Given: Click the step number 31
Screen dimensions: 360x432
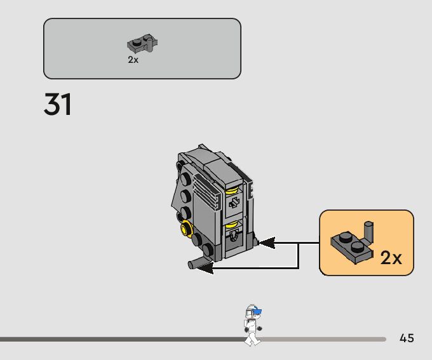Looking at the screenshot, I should tap(58, 104).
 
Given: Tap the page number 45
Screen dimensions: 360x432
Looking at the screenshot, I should tap(407, 338).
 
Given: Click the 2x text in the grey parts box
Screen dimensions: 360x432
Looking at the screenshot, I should tap(133, 60).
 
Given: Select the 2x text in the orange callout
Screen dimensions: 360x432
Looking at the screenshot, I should tap(391, 257).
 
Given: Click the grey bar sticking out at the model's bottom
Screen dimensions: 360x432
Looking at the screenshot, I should tap(198, 263).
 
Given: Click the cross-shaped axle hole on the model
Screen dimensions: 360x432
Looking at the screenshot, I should tap(233, 202).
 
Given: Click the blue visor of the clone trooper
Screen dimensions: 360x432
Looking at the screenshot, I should tap(256, 312).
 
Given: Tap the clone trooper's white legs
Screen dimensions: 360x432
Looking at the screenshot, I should tap(252, 337).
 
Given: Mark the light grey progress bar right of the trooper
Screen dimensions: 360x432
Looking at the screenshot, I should tap(324, 340).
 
